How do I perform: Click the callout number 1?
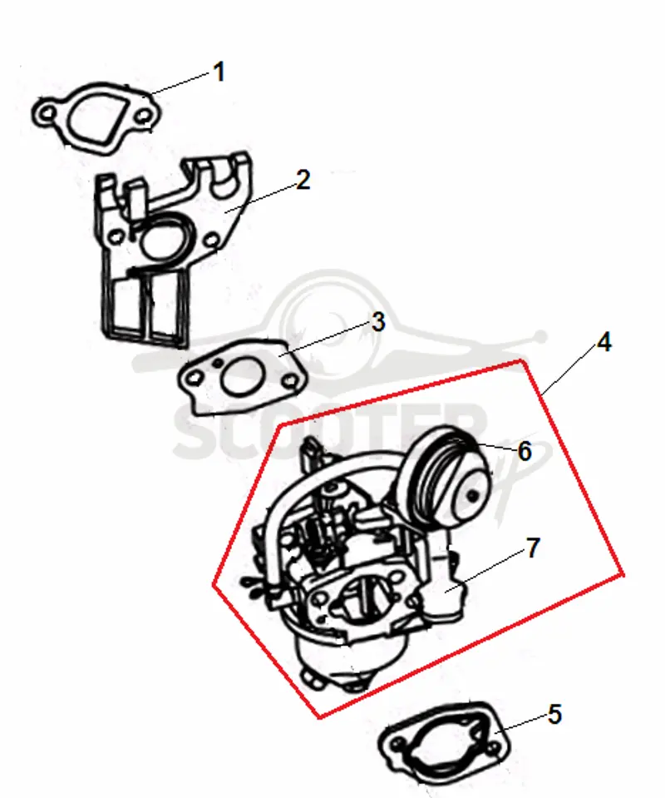coord(219,72)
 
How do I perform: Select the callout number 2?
coord(303,181)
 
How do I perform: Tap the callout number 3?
coord(378,322)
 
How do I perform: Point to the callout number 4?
coord(603,343)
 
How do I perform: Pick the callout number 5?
coord(554,715)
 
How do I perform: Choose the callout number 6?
coord(525,451)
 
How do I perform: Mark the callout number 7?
coord(532,548)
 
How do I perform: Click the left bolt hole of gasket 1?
coord(47,113)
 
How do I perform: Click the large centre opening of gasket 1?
coord(95,116)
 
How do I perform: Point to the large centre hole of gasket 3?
coord(243,377)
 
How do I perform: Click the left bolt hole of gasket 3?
coord(194,378)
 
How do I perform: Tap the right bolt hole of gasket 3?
coord(290,380)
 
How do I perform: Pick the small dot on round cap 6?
coord(473,494)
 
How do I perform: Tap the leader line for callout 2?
coord(262,199)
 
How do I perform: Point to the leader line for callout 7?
coord(485,572)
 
